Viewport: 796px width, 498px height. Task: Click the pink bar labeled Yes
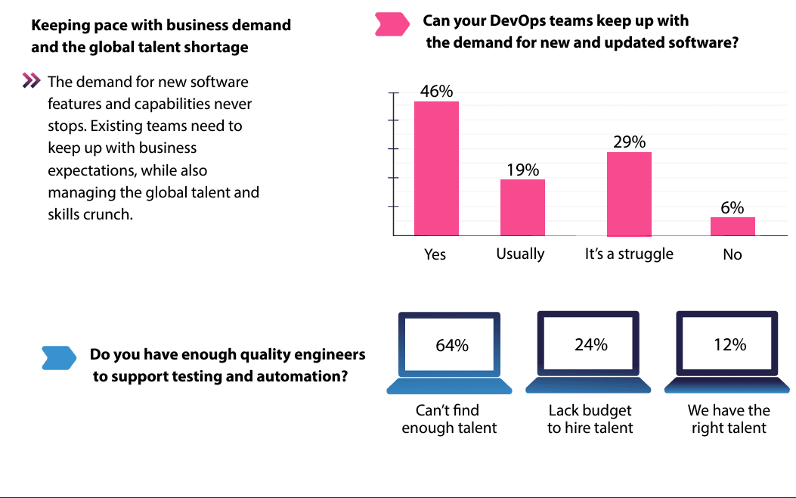(436, 168)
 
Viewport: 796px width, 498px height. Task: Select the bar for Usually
(522, 207)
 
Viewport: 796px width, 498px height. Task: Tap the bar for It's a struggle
(629, 194)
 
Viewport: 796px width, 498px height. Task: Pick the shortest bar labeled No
(733, 226)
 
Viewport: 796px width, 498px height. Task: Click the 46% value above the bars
(436, 91)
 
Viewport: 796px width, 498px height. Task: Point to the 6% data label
(733, 207)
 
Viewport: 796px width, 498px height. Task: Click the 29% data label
(629, 142)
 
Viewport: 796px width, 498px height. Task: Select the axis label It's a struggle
(629, 254)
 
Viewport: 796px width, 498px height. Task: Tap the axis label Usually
(520, 254)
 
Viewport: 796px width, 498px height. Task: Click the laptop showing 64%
(450, 352)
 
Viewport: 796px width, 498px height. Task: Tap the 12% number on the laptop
(729, 345)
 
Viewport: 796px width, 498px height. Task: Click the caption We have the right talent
(729, 419)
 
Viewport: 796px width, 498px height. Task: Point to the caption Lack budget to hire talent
(590, 419)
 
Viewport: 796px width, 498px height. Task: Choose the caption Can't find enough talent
(449, 419)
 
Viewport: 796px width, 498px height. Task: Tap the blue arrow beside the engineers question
(59, 358)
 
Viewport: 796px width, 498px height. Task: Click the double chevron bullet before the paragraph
(31, 80)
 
